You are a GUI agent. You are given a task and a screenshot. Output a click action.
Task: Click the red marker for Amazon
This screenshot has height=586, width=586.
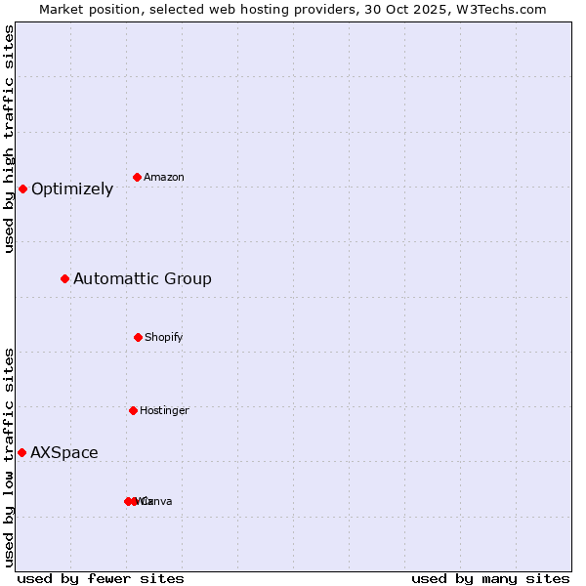(x=138, y=177)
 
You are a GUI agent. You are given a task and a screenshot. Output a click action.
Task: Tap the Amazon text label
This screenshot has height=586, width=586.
(x=164, y=178)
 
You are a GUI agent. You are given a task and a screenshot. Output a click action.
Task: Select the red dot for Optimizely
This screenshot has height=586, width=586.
(x=22, y=188)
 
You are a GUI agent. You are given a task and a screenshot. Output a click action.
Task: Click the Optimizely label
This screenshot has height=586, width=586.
(x=72, y=189)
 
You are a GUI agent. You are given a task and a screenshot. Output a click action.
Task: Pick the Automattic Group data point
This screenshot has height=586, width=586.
(x=65, y=278)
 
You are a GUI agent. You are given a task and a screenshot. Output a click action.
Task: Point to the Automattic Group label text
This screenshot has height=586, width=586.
(x=143, y=279)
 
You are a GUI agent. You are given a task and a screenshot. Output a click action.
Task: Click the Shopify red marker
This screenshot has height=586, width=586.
(x=138, y=337)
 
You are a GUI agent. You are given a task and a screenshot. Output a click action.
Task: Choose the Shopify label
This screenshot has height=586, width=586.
(x=164, y=338)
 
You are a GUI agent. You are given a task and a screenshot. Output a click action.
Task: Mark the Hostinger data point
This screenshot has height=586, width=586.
(x=133, y=410)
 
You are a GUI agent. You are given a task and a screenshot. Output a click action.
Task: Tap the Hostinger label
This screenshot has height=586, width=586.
(x=164, y=411)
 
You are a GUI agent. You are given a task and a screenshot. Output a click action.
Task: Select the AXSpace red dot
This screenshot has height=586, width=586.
(x=21, y=452)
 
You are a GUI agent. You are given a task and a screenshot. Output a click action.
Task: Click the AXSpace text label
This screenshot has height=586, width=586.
(x=64, y=453)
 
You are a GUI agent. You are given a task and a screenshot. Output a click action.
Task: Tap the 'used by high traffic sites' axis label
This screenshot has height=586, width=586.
(x=10, y=140)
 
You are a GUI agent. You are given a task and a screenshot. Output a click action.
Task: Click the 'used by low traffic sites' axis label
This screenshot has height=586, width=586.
(x=10, y=456)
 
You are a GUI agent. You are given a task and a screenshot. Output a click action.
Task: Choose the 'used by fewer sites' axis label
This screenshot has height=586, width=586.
(x=101, y=579)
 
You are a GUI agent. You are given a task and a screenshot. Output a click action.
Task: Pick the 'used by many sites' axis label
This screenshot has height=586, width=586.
(x=490, y=579)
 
